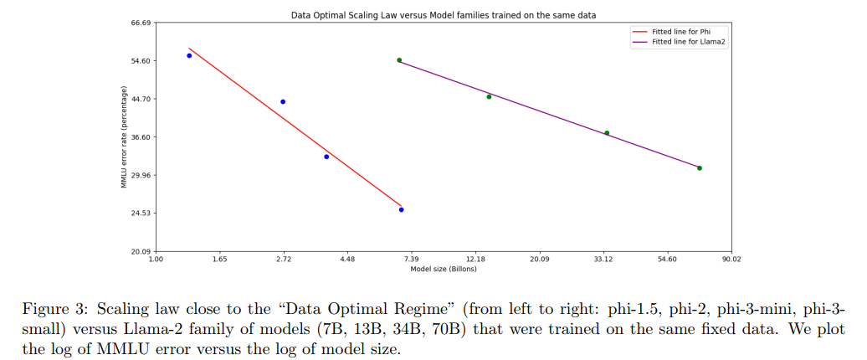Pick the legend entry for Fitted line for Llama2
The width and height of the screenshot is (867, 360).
(x=680, y=41)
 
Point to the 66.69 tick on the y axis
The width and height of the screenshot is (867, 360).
(x=140, y=23)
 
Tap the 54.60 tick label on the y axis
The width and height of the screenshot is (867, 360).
(x=140, y=61)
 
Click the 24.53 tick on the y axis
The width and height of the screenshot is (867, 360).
(x=140, y=213)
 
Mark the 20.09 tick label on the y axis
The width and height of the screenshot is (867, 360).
(x=140, y=252)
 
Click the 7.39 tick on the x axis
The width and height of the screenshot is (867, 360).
(x=412, y=260)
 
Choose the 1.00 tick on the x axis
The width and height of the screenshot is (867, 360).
(x=156, y=260)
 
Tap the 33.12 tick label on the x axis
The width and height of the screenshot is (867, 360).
(x=603, y=260)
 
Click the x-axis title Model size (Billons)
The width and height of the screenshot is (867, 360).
(x=444, y=270)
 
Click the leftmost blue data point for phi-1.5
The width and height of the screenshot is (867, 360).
(x=189, y=55)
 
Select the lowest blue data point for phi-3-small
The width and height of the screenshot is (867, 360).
(x=402, y=209)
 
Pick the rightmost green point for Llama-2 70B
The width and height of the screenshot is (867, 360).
(x=700, y=168)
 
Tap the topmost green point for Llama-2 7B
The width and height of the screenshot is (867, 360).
(x=399, y=60)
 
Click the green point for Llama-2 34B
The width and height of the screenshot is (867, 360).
(x=607, y=133)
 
